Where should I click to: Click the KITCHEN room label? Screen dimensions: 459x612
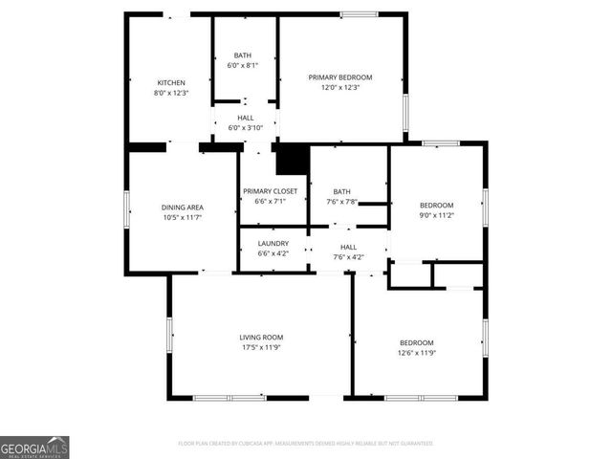[x=171, y=83]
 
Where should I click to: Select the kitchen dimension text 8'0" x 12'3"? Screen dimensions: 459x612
[x=171, y=93]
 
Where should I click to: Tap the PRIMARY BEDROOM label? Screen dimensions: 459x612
[x=339, y=76]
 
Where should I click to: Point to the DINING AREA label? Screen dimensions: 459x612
[x=182, y=207]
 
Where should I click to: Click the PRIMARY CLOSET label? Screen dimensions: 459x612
[x=270, y=191]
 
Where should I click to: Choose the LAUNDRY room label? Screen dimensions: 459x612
[x=273, y=244]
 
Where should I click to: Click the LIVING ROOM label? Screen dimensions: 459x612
[x=261, y=337]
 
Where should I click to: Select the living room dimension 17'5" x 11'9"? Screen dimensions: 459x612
[x=261, y=347]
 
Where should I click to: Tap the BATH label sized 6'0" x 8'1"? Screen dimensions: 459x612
[x=243, y=55]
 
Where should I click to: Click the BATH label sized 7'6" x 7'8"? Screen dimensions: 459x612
[x=341, y=191]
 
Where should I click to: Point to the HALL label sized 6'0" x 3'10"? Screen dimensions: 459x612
[x=245, y=117]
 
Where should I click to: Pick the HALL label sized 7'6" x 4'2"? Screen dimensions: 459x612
[x=349, y=246]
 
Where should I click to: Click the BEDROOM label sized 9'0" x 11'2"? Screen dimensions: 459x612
[x=437, y=206]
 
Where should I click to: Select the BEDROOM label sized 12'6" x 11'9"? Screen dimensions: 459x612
[x=416, y=342]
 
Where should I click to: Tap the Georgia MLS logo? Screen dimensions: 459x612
[x=34, y=448]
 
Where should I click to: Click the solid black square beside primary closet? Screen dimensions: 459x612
[x=291, y=160]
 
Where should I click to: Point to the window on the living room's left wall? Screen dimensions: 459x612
[x=170, y=336]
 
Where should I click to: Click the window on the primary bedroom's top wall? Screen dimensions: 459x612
[x=359, y=14]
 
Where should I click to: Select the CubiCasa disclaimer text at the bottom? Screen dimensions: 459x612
[x=306, y=444]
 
